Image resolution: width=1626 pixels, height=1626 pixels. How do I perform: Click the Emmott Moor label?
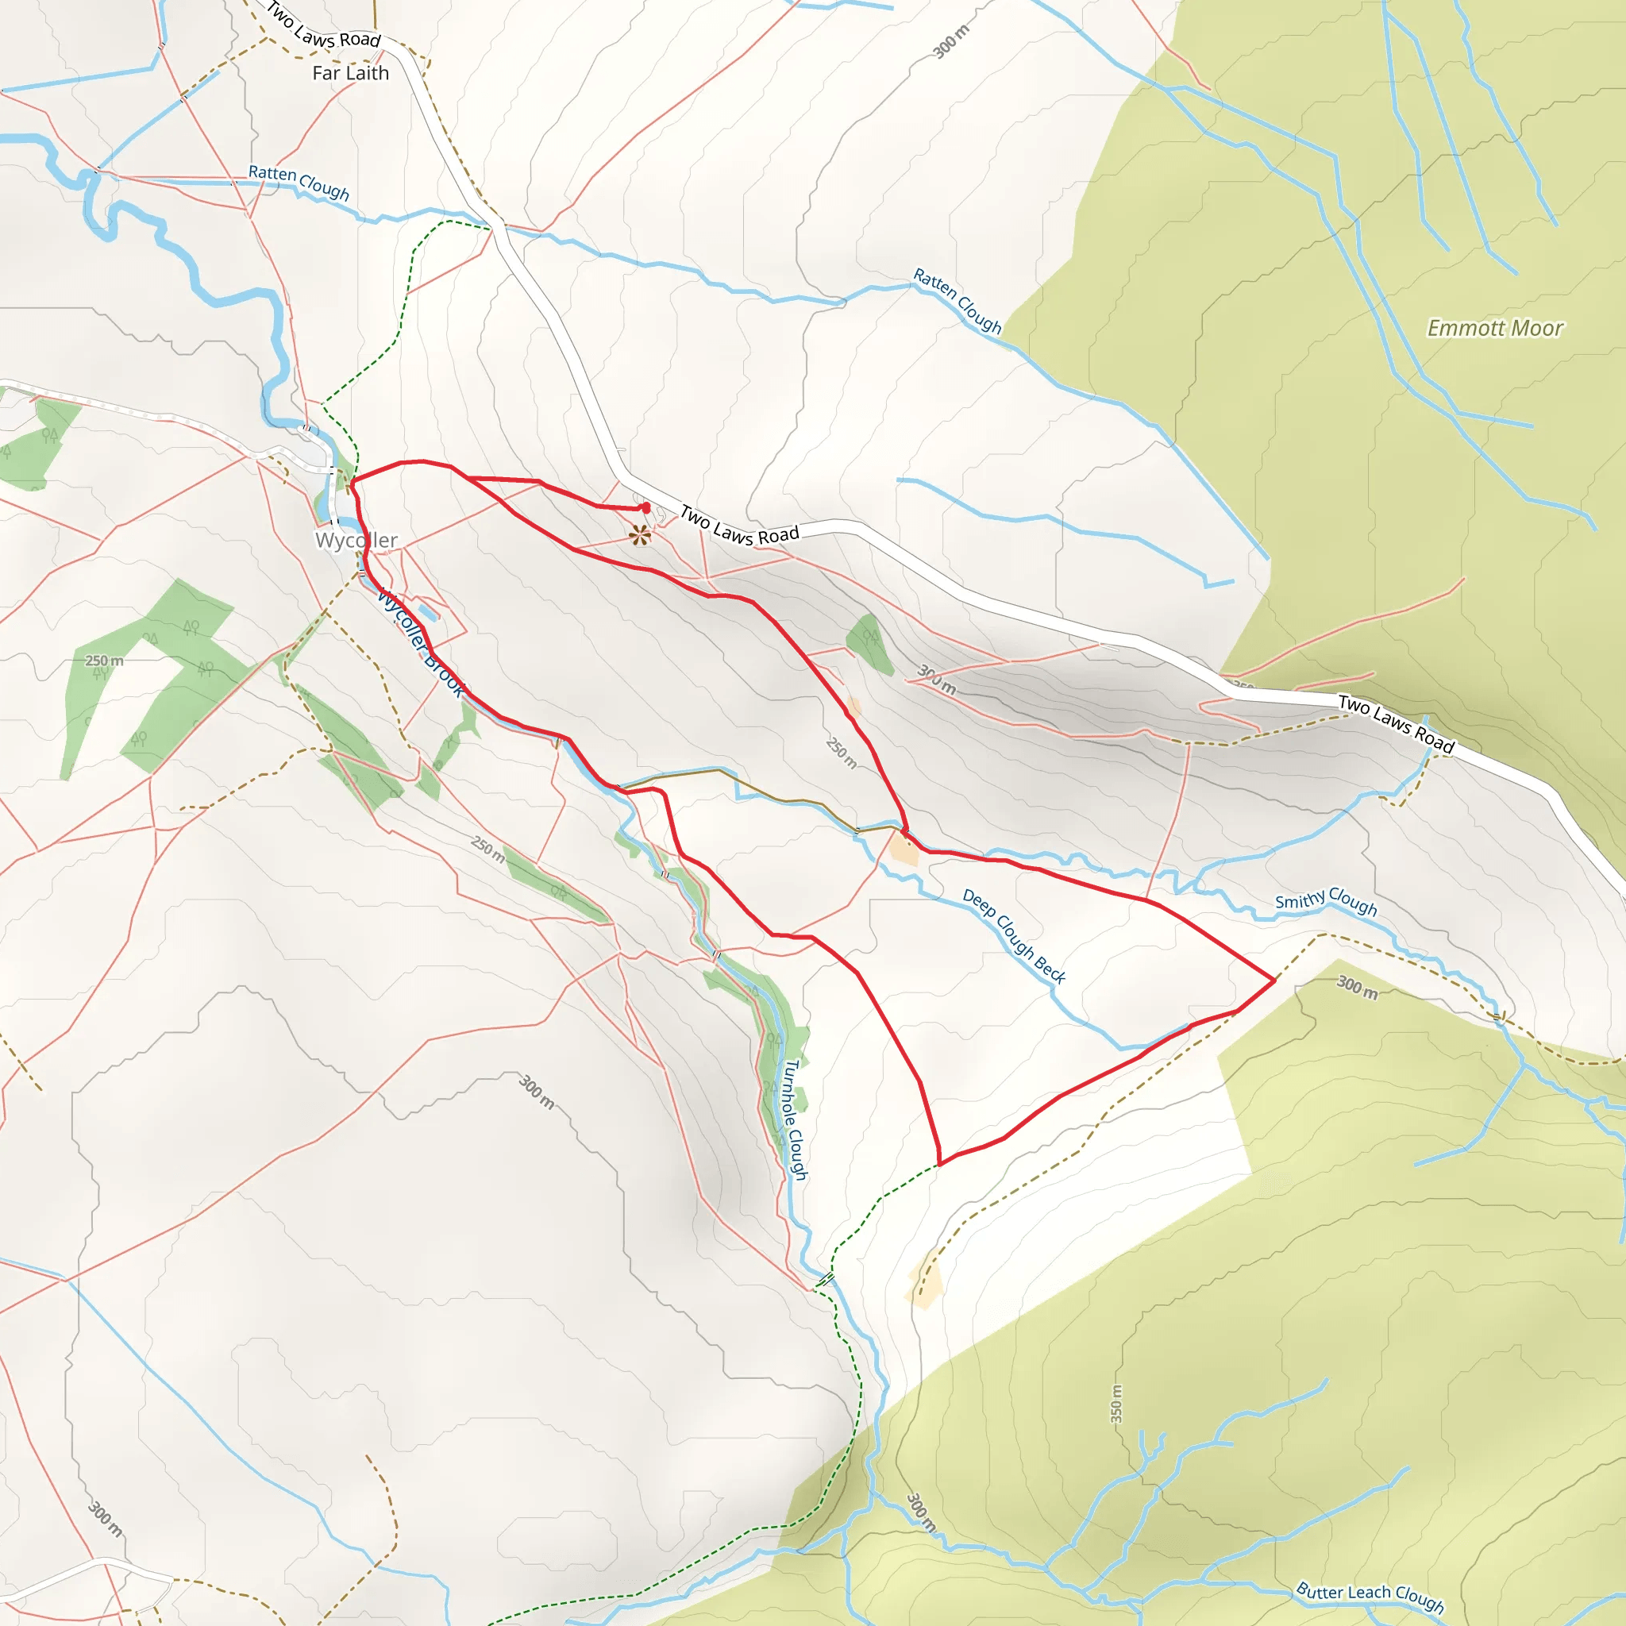1495,328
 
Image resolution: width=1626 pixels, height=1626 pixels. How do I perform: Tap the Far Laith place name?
350,73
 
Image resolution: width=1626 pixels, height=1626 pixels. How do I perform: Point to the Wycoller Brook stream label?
419,643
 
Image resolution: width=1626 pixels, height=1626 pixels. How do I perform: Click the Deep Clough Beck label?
1014,936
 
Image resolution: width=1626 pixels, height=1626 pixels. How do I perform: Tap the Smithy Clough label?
1326,901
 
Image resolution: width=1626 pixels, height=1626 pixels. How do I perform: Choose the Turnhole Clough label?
796,1119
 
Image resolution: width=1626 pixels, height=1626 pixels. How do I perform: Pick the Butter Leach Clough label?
1370,1596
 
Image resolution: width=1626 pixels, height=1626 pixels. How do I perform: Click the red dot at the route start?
645,507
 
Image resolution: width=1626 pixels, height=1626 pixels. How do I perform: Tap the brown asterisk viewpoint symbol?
640,535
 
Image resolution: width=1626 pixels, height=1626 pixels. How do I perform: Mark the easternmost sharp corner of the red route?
1274,980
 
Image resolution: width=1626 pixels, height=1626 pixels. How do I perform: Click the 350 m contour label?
1116,1404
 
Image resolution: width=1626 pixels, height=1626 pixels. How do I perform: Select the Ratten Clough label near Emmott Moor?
957,301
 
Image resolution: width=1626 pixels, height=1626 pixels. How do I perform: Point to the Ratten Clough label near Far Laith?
299,182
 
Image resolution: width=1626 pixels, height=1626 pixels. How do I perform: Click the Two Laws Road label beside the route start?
739,526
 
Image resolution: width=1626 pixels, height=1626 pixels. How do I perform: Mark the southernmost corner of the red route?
939,1165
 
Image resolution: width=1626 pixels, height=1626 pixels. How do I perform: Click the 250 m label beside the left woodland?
104,661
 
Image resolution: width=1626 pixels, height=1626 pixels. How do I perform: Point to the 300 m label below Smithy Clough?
1358,987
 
